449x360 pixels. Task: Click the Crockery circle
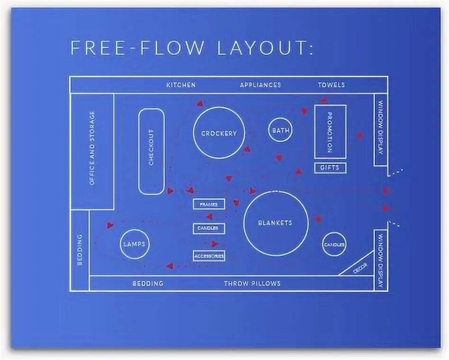coord(219,133)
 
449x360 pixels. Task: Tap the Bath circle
coord(279,130)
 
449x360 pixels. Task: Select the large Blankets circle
coord(276,223)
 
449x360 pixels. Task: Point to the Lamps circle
coord(134,244)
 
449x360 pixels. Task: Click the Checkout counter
coord(152,152)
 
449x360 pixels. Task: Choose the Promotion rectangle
coord(330,132)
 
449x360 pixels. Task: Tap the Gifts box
coord(330,168)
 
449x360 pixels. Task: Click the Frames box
coord(209,204)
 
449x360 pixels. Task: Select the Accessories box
coord(209,256)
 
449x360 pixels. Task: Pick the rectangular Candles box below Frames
coord(209,228)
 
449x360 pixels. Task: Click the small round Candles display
coord(334,244)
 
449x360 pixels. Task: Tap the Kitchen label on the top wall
coord(180,85)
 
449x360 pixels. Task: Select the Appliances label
coord(260,85)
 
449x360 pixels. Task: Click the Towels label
coord(332,85)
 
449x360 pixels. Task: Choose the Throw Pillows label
coord(252,283)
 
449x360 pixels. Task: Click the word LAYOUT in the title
coord(265,48)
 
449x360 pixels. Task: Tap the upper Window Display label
coord(381,128)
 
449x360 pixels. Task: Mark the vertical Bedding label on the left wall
coord(80,249)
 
